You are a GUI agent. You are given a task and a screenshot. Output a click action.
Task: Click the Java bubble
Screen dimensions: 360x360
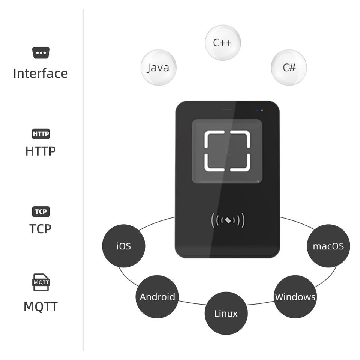coord(158,68)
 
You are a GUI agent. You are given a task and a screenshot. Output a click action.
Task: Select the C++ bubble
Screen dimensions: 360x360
coord(223,42)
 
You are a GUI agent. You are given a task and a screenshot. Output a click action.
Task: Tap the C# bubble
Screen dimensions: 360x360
coord(289,68)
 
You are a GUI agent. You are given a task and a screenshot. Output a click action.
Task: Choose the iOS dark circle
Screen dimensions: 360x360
coord(123,246)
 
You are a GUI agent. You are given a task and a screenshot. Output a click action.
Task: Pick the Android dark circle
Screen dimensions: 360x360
coord(157,297)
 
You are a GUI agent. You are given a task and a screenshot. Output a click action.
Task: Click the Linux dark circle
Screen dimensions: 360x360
coord(226,313)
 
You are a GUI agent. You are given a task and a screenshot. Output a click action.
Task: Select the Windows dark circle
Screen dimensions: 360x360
coord(295,297)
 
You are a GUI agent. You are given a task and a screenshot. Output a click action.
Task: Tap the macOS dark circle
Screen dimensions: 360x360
coord(328,246)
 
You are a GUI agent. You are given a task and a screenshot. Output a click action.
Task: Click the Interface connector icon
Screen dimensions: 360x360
coord(41,53)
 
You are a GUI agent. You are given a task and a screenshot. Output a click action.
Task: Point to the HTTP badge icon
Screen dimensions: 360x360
coord(41,134)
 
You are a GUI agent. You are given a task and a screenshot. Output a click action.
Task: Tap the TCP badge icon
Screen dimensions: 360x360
coord(41,212)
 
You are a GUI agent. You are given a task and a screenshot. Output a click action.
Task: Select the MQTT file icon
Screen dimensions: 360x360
coord(41,282)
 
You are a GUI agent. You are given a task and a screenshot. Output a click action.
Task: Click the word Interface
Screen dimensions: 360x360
coord(40,73)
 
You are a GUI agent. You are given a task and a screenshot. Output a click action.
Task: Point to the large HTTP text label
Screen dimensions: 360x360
coord(40,151)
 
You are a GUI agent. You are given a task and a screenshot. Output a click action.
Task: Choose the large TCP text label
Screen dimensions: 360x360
coord(40,228)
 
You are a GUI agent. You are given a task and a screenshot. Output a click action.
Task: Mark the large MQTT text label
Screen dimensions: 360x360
coord(40,307)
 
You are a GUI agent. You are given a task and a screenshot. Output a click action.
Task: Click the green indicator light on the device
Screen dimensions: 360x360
coord(227,110)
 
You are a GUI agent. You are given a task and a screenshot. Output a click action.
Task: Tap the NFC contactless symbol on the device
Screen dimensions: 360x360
coord(228,220)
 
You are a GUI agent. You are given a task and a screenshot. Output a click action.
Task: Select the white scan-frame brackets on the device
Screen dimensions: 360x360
coord(227,151)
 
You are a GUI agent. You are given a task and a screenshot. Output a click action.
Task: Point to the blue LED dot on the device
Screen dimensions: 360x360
coord(257,110)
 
